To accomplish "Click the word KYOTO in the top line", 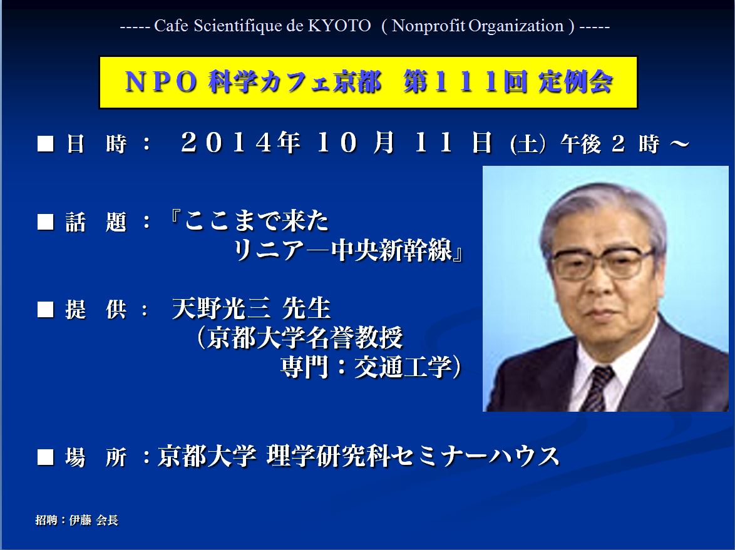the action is point(339,26).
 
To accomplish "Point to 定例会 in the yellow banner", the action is point(575,82).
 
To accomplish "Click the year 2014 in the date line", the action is point(227,142).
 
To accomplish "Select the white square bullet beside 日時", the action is point(46,143).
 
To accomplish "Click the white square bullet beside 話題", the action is point(46,222).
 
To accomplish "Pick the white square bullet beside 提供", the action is point(46,309).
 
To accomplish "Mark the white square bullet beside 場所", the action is point(46,457).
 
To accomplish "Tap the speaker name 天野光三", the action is point(221,308).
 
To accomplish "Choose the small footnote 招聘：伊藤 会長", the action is point(77,520).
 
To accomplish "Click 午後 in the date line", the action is point(581,144).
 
